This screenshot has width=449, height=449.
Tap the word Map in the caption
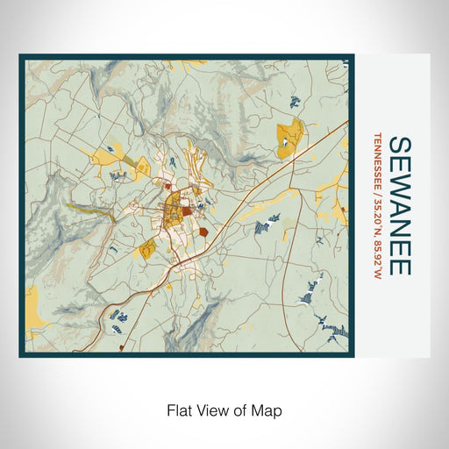click(x=265, y=409)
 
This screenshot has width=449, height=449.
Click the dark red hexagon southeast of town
click(x=203, y=232)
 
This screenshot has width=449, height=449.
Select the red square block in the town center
click(x=187, y=210)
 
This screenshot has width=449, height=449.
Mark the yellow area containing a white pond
click(x=290, y=138)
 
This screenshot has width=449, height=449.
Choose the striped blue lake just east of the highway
click(x=261, y=228)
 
